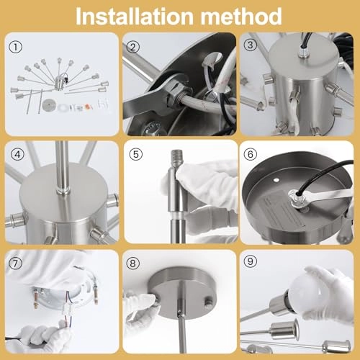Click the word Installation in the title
pyautogui.click(x=135, y=17)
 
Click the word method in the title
pyautogui.click(x=241, y=17)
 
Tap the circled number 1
pyautogui.click(x=15, y=47)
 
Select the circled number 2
pyautogui.click(x=132, y=47)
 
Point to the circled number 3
pyautogui.click(x=250, y=45)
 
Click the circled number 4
pyautogui.click(x=17, y=154)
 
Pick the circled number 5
pyautogui.click(x=136, y=154)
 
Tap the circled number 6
pyautogui.click(x=250, y=154)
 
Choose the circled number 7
pyautogui.click(x=15, y=264)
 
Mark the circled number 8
pyautogui.click(x=132, y=264)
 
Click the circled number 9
pyautogui.click(x=250, y=261)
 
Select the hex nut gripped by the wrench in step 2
pyautogui.click(x=178, y=94)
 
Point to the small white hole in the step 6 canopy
pyautogui.click(x=276, y=179)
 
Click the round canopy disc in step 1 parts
pyautogui.click(x=49, y=105)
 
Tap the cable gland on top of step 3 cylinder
pyautogui.click(x=303, y=53)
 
